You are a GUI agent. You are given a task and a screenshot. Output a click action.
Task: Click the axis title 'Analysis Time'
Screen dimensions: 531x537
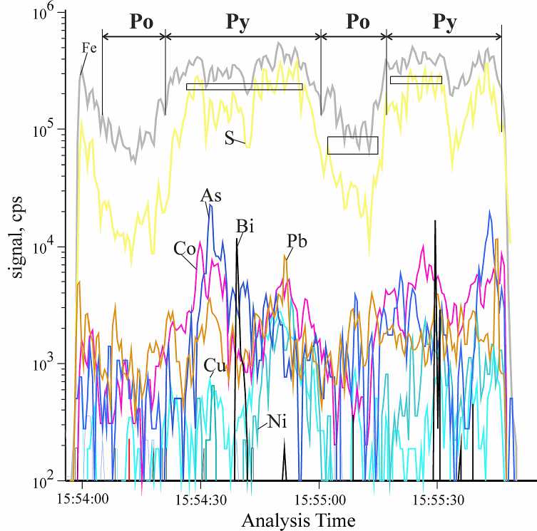(x=298, y=520)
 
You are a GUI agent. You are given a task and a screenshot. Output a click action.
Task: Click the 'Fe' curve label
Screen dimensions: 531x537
(x=89, y=49)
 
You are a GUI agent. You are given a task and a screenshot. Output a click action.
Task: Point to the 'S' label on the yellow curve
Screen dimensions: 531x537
(x=230, y=138)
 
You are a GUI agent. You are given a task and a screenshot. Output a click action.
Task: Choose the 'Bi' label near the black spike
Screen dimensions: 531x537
(x=245, y=227)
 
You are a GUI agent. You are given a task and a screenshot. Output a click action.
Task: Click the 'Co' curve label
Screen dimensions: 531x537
(x=183, y=249)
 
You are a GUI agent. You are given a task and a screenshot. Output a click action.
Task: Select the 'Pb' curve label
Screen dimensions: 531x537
(x=297, y=242)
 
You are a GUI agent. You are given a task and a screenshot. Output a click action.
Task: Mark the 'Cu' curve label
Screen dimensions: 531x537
(x=215, y=366)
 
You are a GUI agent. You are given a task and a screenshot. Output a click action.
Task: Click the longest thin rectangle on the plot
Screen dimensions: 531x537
(x=244, y=87)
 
